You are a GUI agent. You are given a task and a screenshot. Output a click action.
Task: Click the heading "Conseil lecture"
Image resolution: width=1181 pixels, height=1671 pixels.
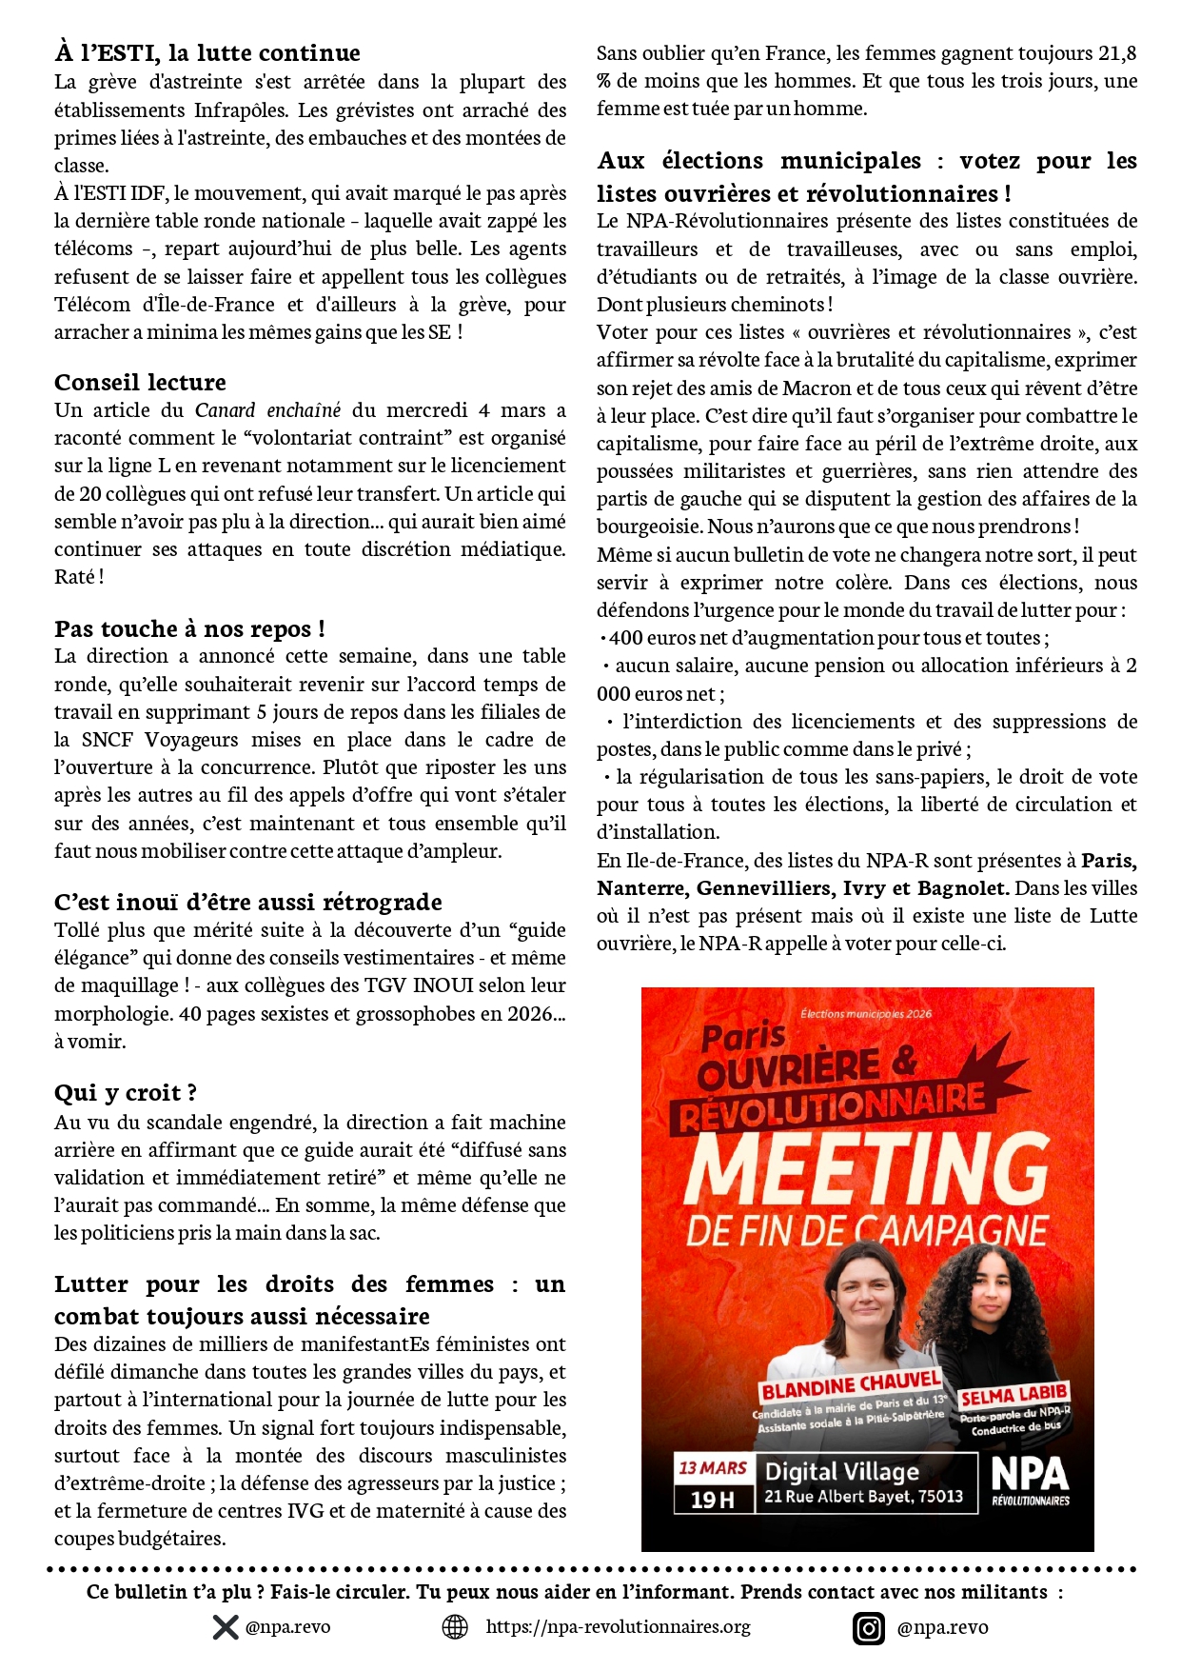pos(140,383)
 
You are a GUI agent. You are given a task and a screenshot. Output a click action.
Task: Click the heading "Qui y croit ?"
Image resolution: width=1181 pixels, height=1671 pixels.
pos(126,1093)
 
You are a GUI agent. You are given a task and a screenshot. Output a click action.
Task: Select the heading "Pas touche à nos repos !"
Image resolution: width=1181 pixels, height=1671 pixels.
pos(189,629)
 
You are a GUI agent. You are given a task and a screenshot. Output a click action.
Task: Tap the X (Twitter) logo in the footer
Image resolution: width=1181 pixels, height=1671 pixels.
pos(226,1627)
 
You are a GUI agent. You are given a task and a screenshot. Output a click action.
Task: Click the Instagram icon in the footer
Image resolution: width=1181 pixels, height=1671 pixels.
pos(869,1628)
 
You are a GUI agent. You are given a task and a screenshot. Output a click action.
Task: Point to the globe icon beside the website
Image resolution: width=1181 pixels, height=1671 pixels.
pos(456,1627)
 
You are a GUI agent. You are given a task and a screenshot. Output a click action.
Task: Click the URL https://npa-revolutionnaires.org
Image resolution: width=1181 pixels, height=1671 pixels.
pos(618,1627)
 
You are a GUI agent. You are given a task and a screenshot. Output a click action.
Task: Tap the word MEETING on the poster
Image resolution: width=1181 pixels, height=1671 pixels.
pos(866,1168)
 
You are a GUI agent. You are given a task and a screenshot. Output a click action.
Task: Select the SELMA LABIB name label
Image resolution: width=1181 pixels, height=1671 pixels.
pos(1014,1396)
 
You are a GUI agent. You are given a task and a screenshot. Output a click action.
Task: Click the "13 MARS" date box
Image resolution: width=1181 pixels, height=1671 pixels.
pos(712,1468)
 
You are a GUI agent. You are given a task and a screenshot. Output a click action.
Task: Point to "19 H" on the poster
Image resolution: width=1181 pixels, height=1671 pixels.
pos(712,1500)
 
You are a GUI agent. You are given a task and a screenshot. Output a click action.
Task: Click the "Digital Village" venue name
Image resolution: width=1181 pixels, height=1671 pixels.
pos(842,1472)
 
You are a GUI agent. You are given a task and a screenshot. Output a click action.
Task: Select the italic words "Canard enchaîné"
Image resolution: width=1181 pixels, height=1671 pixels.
pos(267,410)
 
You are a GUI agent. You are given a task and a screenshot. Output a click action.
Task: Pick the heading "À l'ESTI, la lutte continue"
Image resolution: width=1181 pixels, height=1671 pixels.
pos(207,53)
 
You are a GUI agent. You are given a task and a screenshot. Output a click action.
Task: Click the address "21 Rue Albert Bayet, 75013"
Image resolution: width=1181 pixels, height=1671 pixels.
pos(863,1497)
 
